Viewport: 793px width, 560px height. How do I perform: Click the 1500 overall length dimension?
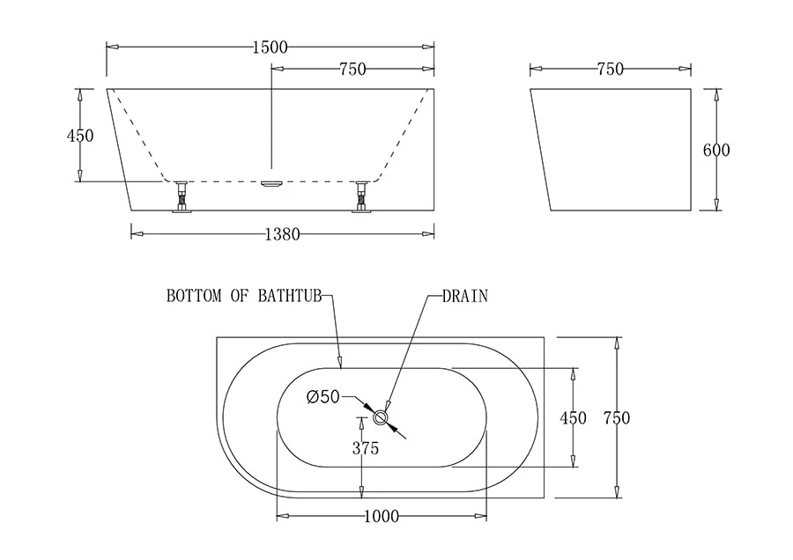click(x=270, y=48)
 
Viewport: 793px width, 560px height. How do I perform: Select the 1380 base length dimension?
click(x=282, y=234)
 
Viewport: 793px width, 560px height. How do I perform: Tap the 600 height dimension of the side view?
click(x=715, y=150)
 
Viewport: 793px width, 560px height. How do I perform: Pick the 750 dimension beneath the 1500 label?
click(x=352, y=70)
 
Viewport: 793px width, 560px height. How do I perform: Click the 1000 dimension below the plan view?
click(x=381, y=516)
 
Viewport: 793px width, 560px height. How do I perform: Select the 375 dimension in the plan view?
click(x=365, y=448)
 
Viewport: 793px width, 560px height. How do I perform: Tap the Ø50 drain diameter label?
click(x=322, y=397)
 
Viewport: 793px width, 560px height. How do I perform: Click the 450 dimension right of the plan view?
click(x=573, y=418)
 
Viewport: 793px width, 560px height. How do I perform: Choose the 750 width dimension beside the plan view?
click(x=617, y=418)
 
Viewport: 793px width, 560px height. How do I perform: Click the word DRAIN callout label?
click(x=465, y=297)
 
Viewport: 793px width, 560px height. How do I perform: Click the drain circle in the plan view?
click(x=382, y=416)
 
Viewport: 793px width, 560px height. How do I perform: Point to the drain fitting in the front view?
click(x=271, y=183)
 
